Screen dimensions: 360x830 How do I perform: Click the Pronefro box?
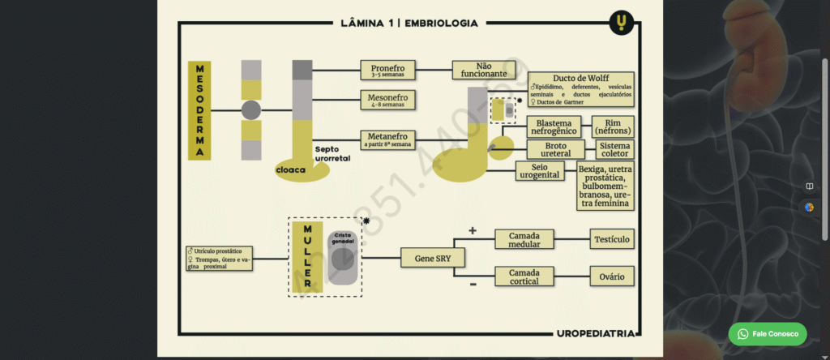point(388,70)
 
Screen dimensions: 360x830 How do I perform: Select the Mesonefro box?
point(388,100)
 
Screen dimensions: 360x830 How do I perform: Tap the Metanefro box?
point(388,139)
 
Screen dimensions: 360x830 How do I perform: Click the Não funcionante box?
point(484,70)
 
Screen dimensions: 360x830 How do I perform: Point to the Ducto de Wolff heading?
point(581,78)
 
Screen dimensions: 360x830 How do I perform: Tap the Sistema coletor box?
point(614,149)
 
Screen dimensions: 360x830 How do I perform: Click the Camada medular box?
point(524,239)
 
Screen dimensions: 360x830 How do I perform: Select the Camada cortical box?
point(524,277)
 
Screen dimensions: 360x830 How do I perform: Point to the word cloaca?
point(290,169)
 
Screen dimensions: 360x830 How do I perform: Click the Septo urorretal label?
point(332,154)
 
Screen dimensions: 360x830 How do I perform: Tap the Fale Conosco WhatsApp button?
point(767,333)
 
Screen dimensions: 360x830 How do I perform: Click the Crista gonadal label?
point(343,239)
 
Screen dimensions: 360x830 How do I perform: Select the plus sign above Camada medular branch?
point(473,231)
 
